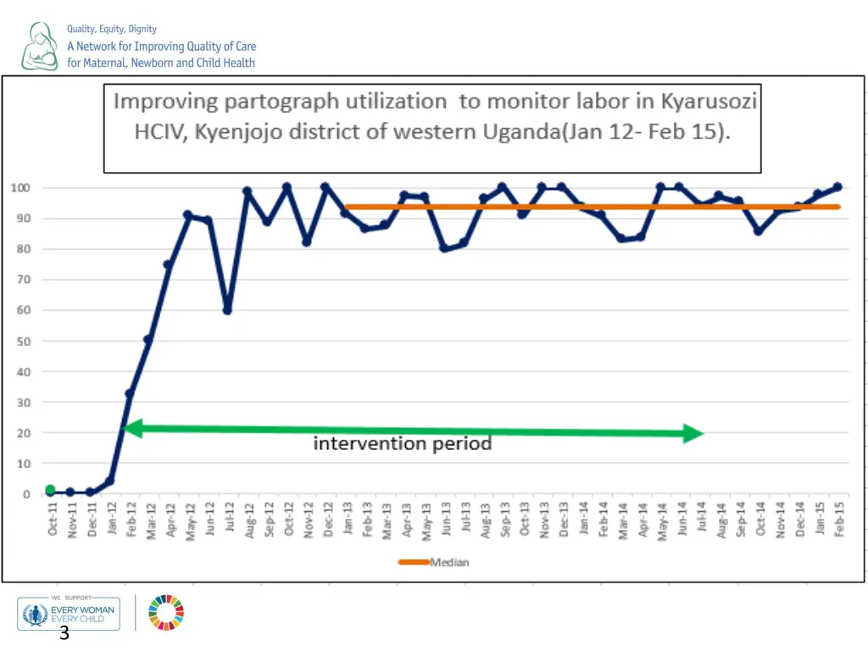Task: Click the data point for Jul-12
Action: coord(227,310)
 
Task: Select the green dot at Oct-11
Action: coord(50,490)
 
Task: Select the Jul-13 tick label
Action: coord(465,518)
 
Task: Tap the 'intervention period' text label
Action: coord(403,443)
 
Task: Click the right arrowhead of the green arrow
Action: coord(693,433)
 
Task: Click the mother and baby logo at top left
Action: coord(40,47)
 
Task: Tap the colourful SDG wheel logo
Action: coord(166,612)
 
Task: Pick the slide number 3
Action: coord(64,634)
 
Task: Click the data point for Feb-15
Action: coord(837,186)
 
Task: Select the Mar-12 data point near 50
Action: coord(148,340)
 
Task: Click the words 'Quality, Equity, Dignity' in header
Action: coord(112,29)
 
